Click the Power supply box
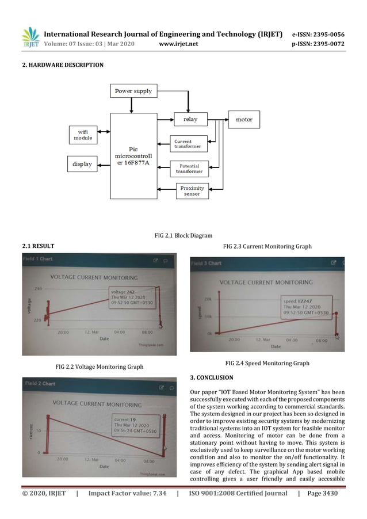click(133, 91)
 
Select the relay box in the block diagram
click(190, 119)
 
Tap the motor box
click(244, 120)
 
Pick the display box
click(82, 164)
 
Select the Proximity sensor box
click(192, 191)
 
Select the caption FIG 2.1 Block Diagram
click(183, 235)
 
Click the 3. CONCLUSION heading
click(212, 378)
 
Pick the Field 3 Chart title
click(207, 263)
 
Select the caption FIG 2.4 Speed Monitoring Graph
click(267, 363)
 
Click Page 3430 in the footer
click(321, 493)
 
